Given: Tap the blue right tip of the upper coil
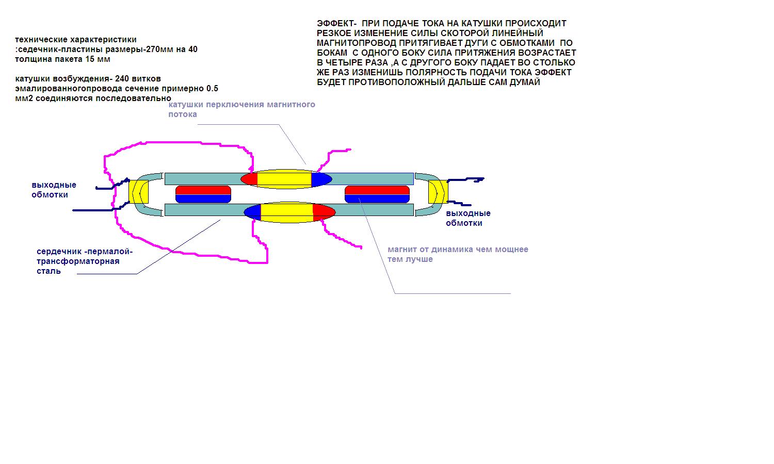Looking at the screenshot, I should pyautogui.click(x=320, y=179).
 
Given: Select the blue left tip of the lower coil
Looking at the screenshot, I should pyautogui.click(x=253, y=212).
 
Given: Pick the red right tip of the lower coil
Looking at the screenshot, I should pyautogui.click(x=324, y=212).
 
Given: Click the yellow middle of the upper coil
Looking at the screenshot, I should pyautogui.click(x=284, y=179).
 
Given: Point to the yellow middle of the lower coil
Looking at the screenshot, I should pyautogui.click(x=286, y=212).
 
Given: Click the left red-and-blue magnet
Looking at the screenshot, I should pyautogui.click(x=203, y=194).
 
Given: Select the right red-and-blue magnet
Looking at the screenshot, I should pyautogui.click(x=377, y=194).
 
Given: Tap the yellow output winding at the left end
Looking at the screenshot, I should pyautogui.click(x=138, y=192).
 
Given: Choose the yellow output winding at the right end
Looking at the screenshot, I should pyautogui.click(x=438, y=192).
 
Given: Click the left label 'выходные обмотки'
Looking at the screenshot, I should pyautogui.click(x=54, y=190).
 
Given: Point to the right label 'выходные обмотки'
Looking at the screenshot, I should pyautogui.click(x=468, y=218).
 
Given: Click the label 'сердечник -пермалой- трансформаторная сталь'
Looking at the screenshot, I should pyautogui.click(x=84, y=261).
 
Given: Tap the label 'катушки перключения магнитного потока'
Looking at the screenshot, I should pyautogui.click(x=241, y=109).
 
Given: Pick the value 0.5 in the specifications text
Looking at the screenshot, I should pyautogui.click(x=212, y=89).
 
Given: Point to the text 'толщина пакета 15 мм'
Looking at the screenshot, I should pyautogui.click(x=62, y=59).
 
